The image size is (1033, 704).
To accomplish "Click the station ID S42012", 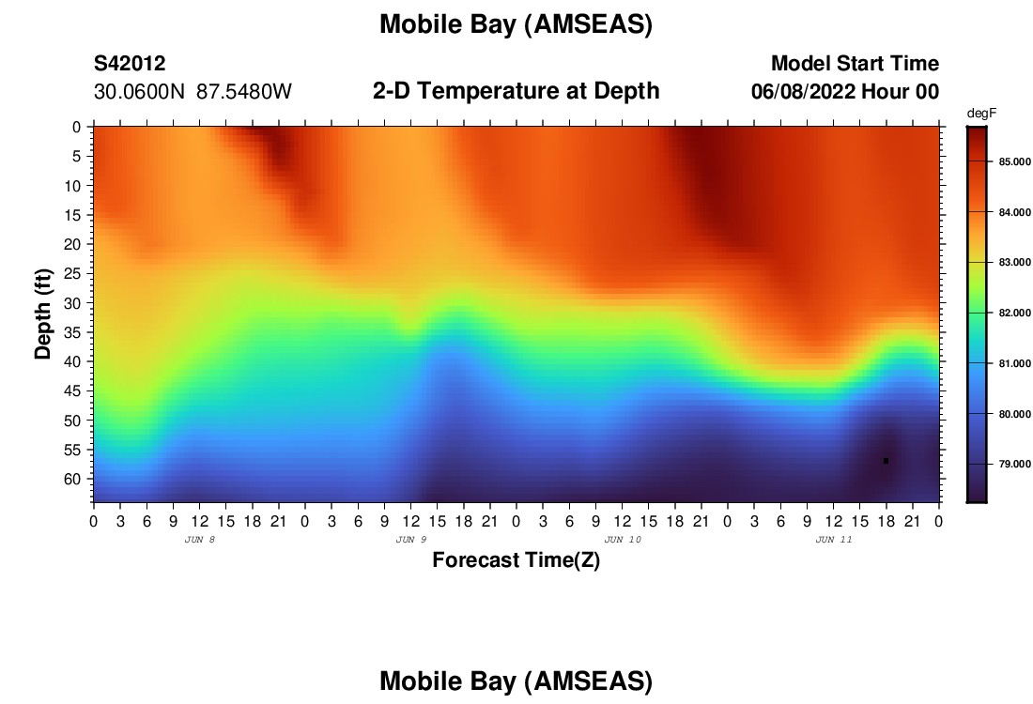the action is (130, 63).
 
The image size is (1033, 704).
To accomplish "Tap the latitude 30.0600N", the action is (139, 92).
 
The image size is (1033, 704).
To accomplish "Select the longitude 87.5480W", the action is (244, 92).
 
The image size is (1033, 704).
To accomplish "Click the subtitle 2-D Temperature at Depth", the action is (516, 91).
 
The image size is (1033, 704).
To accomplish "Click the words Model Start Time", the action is (856, 63).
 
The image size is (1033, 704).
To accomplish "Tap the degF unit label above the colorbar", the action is (981, 114).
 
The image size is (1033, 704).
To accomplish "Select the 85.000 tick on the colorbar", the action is (1014, 162).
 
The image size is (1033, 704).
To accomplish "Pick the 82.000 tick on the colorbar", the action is (1014, 313).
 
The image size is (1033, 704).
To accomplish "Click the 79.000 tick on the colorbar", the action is (1014, 465).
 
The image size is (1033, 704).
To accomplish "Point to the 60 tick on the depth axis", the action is (71, 479).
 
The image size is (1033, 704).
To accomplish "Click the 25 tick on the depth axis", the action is (71, 273).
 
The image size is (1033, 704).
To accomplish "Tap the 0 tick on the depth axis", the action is (76, 127).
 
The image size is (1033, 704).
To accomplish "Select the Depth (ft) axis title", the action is (43, 314).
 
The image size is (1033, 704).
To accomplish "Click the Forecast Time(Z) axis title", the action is (516, 559).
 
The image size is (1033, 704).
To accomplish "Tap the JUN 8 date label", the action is (200, 540).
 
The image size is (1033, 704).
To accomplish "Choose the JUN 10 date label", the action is (623, 540).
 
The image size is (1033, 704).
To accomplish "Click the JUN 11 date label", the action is (834, 540).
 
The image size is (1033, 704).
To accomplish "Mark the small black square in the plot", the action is (887, 461).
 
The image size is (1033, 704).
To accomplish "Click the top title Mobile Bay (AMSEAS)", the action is (516, 24).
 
